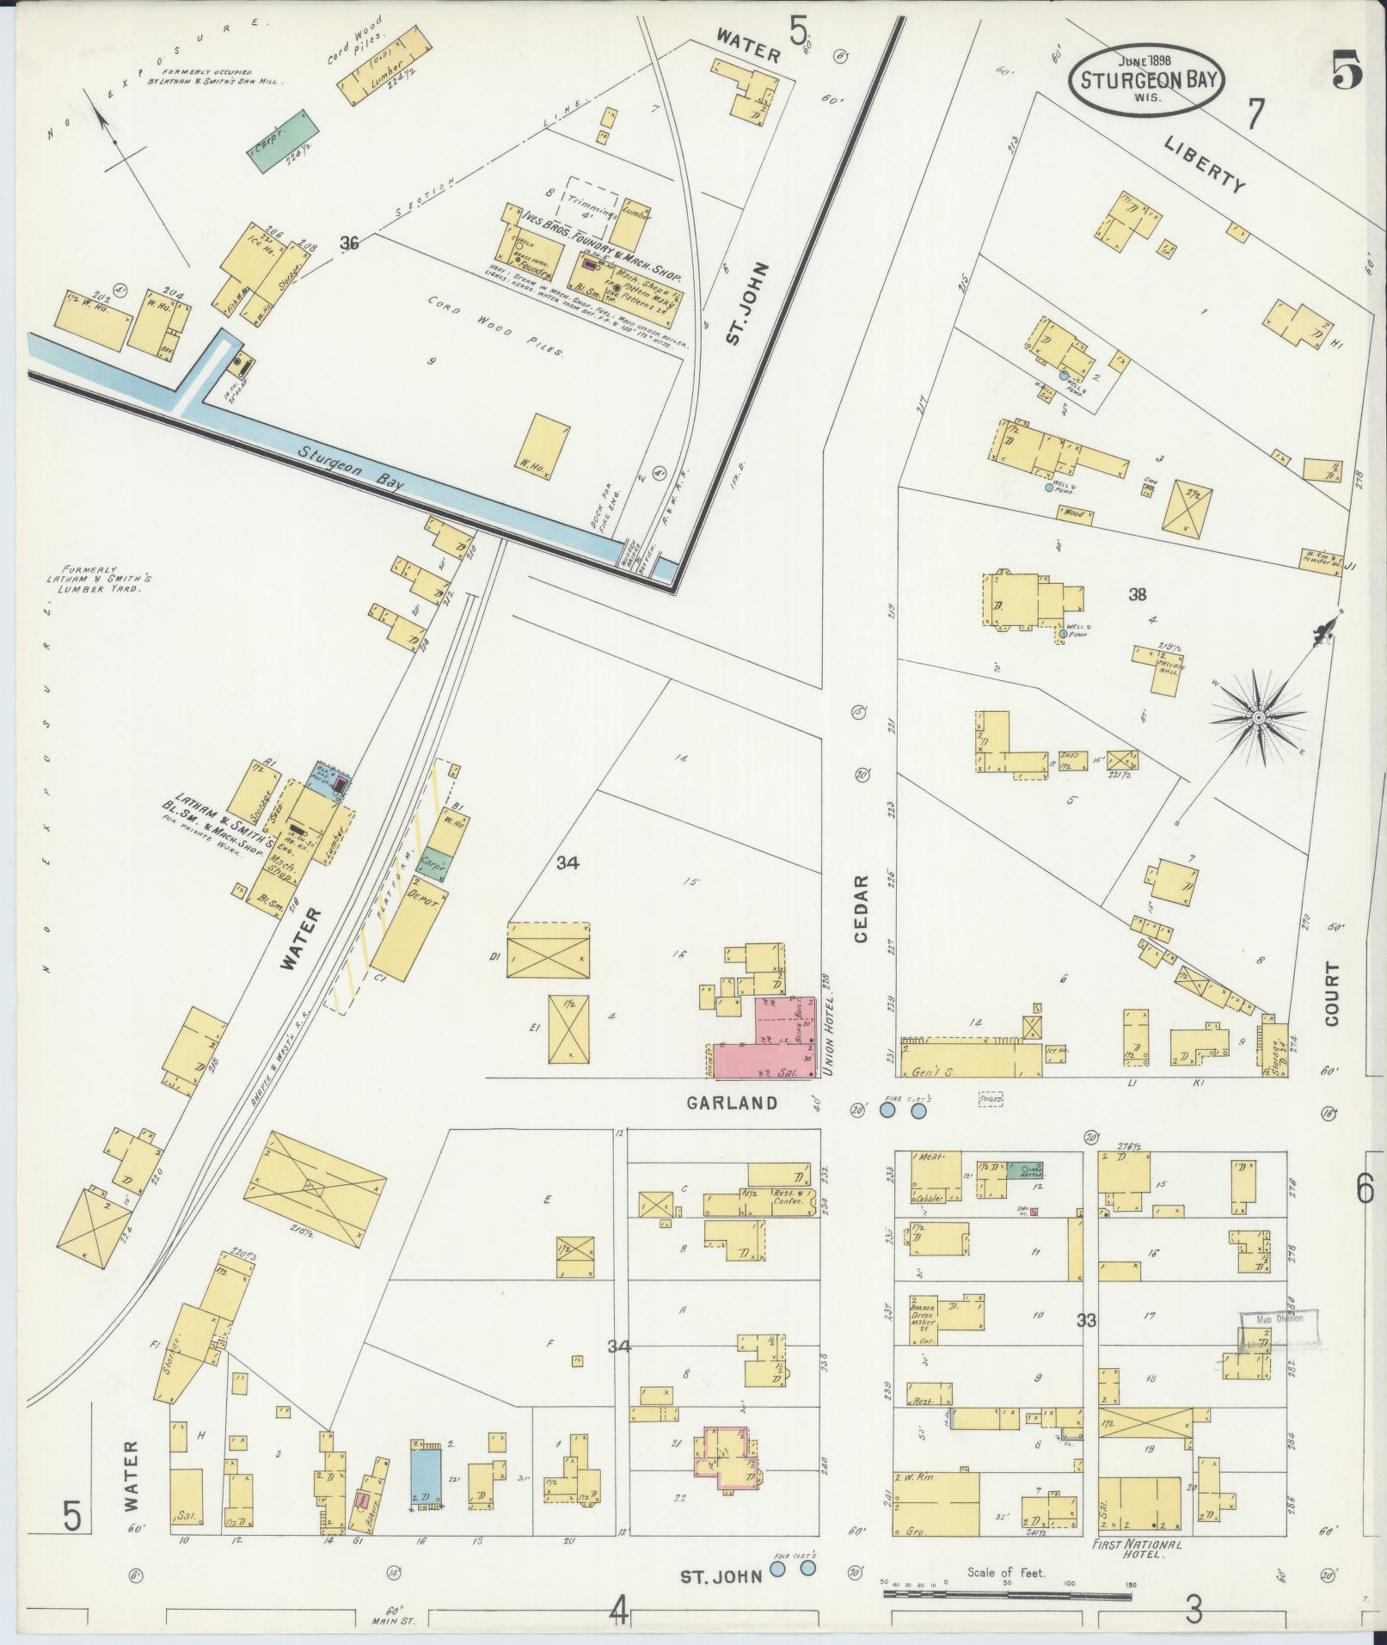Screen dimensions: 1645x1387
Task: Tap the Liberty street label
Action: tap(1205, 165)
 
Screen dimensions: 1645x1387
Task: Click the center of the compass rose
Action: tap(1258, 717)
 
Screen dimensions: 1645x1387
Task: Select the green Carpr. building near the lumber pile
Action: tap(285, 139)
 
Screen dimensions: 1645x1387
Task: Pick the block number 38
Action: tap(1137, 593)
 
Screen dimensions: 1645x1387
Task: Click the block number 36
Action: tap(348, 243)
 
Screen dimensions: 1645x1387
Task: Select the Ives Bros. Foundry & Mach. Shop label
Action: tap(593, 243)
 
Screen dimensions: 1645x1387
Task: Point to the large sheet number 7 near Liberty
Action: tap(1255, 114)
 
